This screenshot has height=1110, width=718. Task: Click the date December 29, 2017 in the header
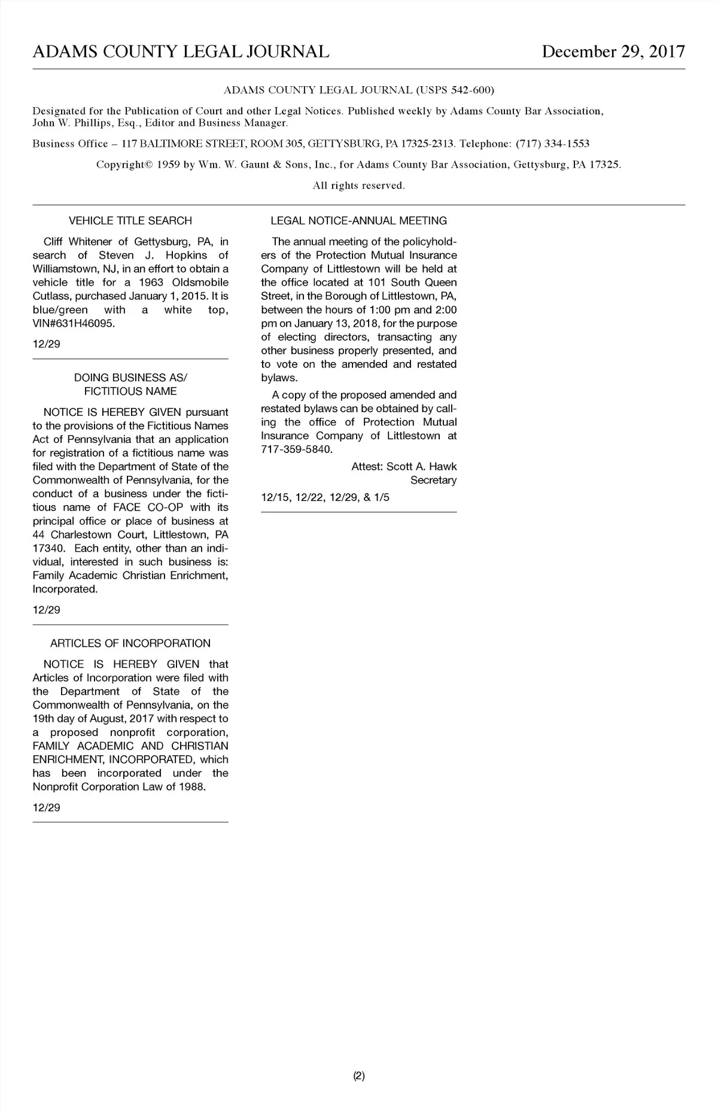(x=613, y=52)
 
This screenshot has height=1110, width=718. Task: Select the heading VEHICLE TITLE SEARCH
(x=130, y=221)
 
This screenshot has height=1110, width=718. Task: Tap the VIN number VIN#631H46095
(x=74, y=324)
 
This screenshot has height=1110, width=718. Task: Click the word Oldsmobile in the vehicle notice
(x=200, y=282)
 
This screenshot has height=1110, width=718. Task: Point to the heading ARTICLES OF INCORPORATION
(x=130, y=643)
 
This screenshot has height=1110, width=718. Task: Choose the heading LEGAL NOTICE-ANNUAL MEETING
(x=358, y=221)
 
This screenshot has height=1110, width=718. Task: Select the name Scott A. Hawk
(x=421, y=467)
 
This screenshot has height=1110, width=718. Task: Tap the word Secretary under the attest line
(x=433, y=481)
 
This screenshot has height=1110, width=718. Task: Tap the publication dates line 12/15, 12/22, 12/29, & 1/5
(x=325, y=497)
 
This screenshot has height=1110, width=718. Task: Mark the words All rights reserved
(x=359, y=185)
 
